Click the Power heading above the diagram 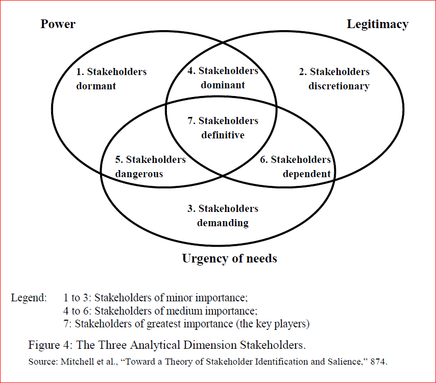(x=58, y=24)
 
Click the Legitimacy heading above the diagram (x=377, y=24)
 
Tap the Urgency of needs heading (x=229, y=258)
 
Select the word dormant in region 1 (x=96, y=86)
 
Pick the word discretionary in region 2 (x=338, y=86)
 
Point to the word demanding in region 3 (x=223, y=223)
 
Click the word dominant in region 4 (x=223, y=85)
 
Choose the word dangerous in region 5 (x=139, y=174)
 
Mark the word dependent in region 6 (x=306, y=174)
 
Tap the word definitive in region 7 (x=223, y=135)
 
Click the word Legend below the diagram (x=29, y=298)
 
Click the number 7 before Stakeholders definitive (x=191, y=121)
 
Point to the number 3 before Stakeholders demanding (x=191, y=208)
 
